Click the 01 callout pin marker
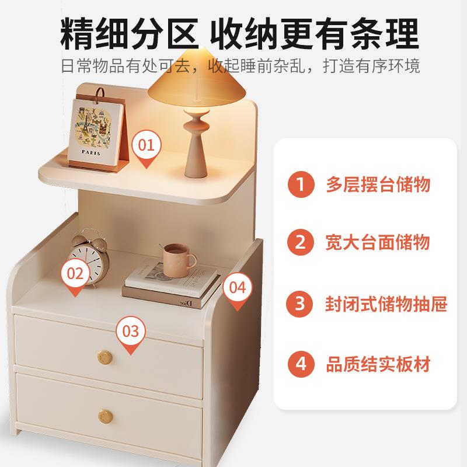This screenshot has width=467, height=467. click(147, 145)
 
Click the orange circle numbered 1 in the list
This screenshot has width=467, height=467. click(301, 185)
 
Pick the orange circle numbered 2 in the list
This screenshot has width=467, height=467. click(301, 242)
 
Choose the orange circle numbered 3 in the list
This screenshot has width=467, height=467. click(301, 304)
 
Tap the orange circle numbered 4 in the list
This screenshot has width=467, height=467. click(301, 364)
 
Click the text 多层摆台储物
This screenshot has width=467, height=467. click(378, 185)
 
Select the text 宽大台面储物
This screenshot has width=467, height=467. click(378, 242)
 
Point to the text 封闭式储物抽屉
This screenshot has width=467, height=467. click(386, 304)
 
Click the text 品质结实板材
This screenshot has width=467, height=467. click(378, 365)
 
